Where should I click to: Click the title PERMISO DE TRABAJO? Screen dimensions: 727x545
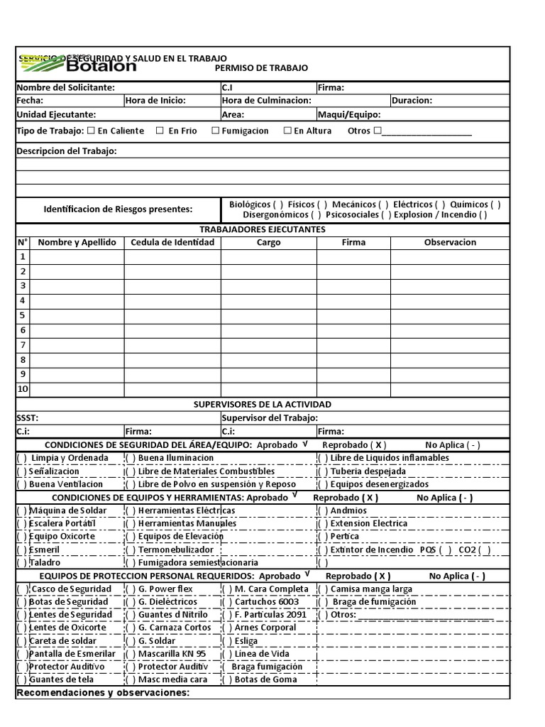tap(261, 68)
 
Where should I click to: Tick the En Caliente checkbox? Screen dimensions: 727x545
tap(90, 131)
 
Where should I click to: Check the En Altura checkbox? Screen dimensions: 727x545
tap(287, 131)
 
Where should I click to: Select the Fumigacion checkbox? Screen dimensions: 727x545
tap(215, 131)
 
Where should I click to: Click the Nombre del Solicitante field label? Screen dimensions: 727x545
tap(65, 88)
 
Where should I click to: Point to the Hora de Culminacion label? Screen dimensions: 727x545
tap(266, 101)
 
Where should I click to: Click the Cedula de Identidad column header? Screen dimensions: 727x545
tap(172, 243)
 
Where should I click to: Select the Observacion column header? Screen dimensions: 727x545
tap(450, 243)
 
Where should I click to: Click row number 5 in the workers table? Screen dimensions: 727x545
tap(23, 315)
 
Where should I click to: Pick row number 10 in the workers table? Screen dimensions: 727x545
tap(23, 389)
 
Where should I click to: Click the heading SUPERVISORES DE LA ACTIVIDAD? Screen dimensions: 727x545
tap(263, 405)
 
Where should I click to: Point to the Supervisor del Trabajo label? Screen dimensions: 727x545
tap(270, 418)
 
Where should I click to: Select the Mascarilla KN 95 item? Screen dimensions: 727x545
tap(172, 654)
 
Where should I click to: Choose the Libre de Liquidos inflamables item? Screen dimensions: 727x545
tap(389, 458)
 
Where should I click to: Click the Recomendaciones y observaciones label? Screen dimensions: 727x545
tap(103, 693)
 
